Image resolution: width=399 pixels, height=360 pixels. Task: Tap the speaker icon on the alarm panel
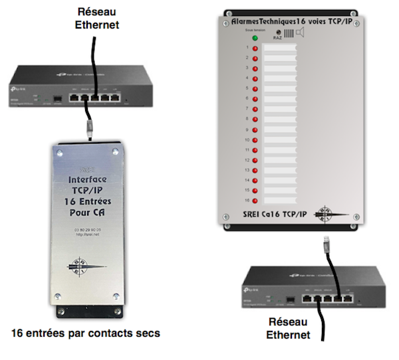point(301,33)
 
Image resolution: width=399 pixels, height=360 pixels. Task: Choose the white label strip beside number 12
point(279,159)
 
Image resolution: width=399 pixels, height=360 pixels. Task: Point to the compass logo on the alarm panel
point(331,213)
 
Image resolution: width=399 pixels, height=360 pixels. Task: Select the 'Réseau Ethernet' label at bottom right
point(288,329)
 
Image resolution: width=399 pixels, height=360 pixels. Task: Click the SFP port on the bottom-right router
point(290,299)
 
